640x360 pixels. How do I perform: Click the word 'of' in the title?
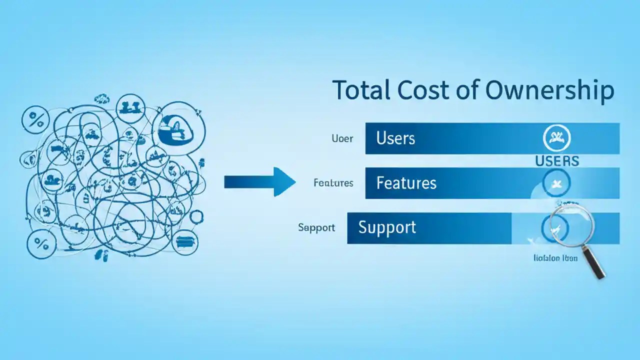click(470, 90)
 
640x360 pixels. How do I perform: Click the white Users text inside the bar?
click(395, 138)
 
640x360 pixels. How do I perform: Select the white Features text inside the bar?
click(406, 183)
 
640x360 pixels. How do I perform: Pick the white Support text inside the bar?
click(387, 227)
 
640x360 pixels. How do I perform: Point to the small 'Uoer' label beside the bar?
click(342, 138)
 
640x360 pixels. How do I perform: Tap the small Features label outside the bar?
click(333, 183)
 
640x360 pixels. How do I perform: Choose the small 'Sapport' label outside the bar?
click(316, 228)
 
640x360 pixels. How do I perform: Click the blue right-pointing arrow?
click(259, 181)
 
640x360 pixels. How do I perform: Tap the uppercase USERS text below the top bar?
click(556, 161)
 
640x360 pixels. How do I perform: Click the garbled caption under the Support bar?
click(555, 258)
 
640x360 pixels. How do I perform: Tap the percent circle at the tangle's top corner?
click(35, 119)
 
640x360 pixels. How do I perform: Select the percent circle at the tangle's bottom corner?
click(40, 244)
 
